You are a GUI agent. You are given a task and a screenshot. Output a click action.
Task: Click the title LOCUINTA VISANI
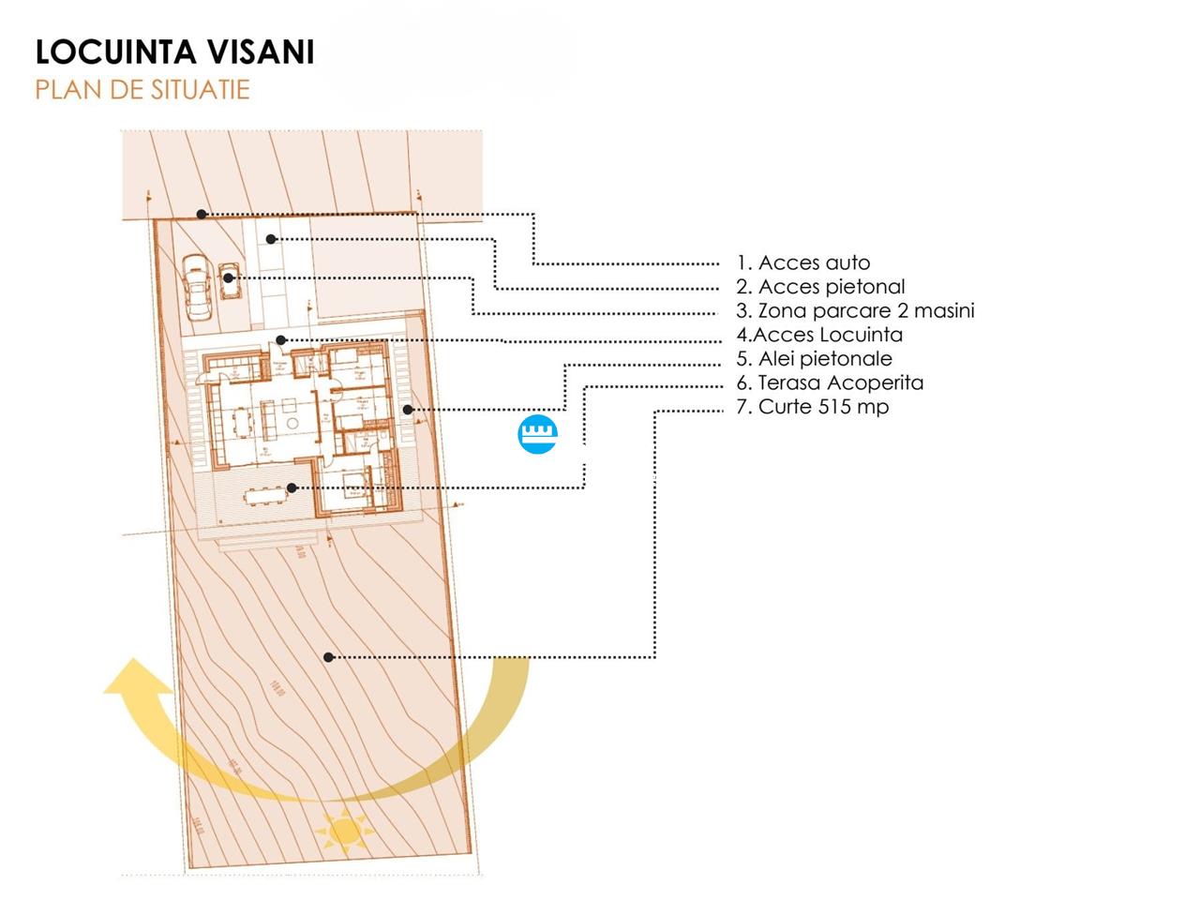174,52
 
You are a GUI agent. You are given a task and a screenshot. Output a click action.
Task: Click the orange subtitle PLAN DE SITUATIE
142,90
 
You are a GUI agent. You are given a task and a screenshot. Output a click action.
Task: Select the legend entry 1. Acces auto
803,263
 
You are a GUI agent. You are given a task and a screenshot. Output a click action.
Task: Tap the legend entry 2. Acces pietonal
820,287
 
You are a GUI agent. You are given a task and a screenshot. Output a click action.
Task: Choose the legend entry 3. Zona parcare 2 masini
855,311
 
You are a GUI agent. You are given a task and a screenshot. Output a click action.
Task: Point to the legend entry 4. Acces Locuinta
819,335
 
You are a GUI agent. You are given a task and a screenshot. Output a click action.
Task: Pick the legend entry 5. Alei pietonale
814,359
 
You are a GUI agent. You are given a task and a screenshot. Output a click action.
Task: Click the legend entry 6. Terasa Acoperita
830,382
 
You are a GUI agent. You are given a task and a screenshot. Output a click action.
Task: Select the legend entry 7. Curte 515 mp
812,407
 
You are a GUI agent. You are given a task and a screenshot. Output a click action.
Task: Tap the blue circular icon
538,433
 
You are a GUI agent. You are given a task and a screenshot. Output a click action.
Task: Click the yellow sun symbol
344,830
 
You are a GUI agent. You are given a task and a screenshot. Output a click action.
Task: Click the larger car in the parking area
198,286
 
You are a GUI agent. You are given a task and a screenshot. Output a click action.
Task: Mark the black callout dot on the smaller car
229,277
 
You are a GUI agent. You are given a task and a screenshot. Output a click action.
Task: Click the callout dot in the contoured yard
328,657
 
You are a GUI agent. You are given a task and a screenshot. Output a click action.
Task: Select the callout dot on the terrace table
292,487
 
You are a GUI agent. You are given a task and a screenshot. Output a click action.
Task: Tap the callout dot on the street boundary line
202,215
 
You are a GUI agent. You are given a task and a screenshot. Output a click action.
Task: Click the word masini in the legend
944,311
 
